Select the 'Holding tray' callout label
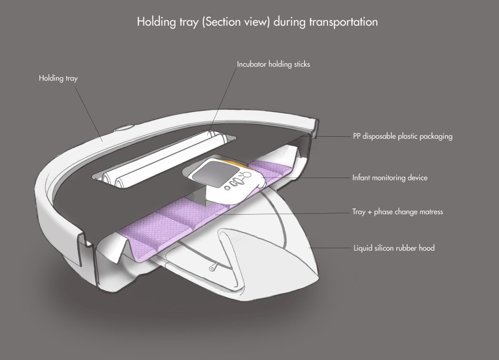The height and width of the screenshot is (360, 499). pyautogui.click(x=58, y=78)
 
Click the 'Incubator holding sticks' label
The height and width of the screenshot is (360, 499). pyautogui.click(x=273, y=64)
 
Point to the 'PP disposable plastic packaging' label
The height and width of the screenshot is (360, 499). pyautogui.click(x=402, y=136)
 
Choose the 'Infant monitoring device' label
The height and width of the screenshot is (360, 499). pyautogui.click(x=390, y=178)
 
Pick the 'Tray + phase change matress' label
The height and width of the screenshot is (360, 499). pyautogui.click(x=397, y=212)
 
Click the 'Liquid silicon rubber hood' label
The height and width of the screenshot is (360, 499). pyautogui.click(x=394, y=248)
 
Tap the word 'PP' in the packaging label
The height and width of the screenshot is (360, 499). pyautogui.click(x=357, y=136)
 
